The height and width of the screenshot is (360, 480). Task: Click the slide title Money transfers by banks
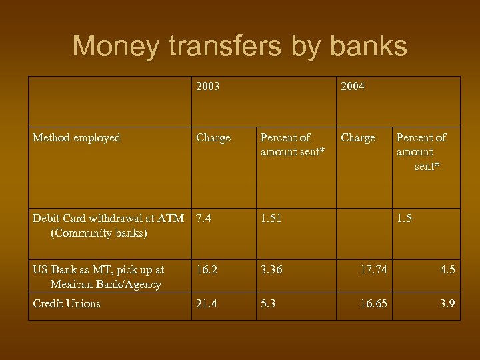[x=239, y=46]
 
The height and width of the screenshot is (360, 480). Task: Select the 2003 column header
[x=208, y=87]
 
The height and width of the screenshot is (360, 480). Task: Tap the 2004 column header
[x=353, y=87]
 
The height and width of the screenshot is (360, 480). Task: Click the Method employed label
[x=76, y=138]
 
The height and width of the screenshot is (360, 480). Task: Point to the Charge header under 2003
[x=213, y=138]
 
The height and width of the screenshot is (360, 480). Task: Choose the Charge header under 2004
[x=358, y=138]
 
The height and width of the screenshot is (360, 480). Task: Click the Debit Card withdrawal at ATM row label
[x=108, y=225]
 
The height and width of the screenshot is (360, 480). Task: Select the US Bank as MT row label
[x=99, y=277]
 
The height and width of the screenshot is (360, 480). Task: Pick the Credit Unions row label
[x=67, y=303]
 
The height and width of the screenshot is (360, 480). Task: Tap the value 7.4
[x=203, y=218]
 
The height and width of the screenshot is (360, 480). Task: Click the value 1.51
[x=271, y=218]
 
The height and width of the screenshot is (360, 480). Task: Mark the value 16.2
[x=207, y=270]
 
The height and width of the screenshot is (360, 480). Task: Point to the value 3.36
[x=271, y=270]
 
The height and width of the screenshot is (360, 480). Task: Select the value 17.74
[x=373, y=270]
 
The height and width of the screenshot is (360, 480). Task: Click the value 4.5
[x=447, y=270]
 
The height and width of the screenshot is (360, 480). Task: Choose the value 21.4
[x=207, y=303]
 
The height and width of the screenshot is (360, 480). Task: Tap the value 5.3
[x=268, y=303]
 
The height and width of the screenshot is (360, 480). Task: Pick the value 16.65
[x=373, y=303]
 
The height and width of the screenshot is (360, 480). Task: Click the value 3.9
[x=447, y=303]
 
